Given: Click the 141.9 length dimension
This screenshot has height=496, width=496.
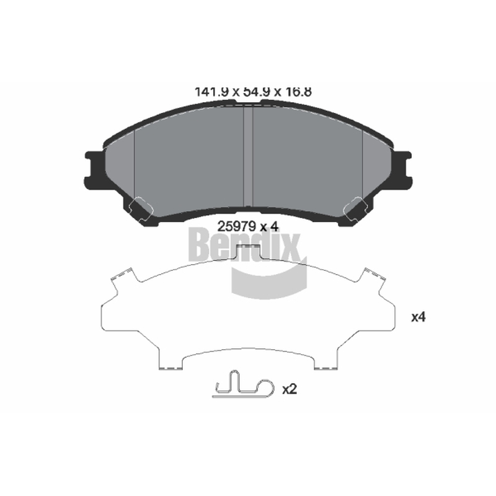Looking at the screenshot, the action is point(211,92).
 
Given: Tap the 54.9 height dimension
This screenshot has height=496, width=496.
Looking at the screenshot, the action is point(256,92).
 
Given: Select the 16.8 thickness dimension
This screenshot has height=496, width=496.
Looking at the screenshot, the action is point(298,92).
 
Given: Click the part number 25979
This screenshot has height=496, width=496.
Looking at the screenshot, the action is point(236,226).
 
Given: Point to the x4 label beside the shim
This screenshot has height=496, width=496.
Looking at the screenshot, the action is point(418,317).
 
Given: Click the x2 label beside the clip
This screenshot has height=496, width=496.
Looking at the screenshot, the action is point(290,389).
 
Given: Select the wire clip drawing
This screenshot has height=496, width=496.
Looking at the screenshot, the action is point(243,384).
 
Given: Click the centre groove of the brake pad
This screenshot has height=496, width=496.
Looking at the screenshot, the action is point(247,156).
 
